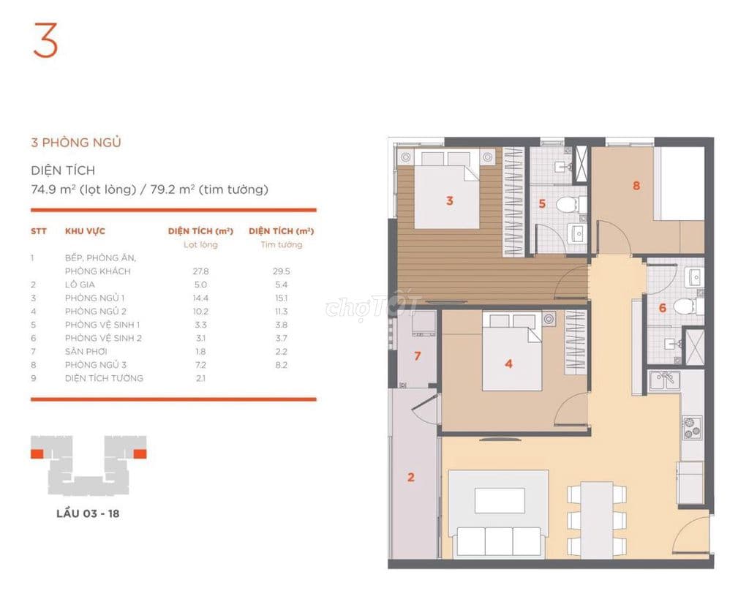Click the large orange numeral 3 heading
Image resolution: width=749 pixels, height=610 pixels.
click(x=45, y=40)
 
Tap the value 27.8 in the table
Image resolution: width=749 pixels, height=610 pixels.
click(x=200, y=271)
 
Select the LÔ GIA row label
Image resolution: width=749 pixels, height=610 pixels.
click(x=80, y=285)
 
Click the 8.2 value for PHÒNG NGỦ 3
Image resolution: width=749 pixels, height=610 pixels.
click(x=282, y=365)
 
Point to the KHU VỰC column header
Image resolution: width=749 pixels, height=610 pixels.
click(x=85, y=231)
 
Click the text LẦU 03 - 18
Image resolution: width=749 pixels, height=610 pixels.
click(x=88, y=514)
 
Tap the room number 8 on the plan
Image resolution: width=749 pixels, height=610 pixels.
click(x=636, y=185)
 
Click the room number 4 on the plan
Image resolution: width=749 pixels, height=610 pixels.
click(x=509, y=364)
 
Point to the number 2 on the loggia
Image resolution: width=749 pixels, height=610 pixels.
click(x=411, y=477)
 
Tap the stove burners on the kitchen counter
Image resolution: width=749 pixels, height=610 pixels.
click(x=691, y=427)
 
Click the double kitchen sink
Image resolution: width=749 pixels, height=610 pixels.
click(x=664, y=381)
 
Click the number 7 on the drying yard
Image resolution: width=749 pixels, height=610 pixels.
click(x=418, y=356)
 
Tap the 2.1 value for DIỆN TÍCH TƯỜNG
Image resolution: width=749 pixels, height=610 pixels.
click(x=200, y=378)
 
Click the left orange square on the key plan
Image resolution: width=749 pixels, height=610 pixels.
click(x=37, y=453)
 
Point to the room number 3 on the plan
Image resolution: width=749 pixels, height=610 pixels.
click(x=450, y=200)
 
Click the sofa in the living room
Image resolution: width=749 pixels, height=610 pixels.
click(x=499, y=542)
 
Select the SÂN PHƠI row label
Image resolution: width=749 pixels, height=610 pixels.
click(x=86, y=352)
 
